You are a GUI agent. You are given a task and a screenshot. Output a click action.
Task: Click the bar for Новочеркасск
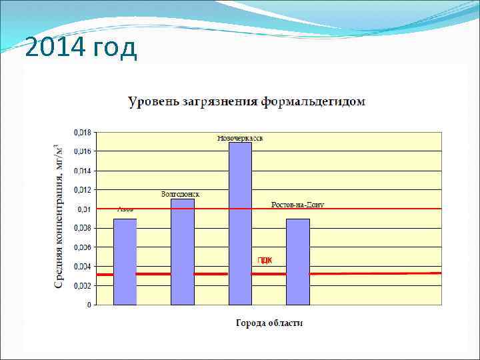(240, 223)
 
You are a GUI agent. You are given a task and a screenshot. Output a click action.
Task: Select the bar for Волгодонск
(183, 251)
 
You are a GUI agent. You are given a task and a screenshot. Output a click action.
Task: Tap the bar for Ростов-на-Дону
(298, 261)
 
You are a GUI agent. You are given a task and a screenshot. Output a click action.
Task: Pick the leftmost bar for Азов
(125, 261)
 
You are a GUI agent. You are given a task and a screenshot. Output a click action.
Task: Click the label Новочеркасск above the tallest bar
(240, 138)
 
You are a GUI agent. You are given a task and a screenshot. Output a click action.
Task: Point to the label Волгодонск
(180, 194)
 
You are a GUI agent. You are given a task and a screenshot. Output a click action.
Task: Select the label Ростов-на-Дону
(297, 205)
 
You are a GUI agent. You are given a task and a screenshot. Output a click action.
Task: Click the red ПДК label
(265, 261)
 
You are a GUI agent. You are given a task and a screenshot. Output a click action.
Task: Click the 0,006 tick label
(83, 248)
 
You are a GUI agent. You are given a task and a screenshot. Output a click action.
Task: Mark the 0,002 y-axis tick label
(83, 286)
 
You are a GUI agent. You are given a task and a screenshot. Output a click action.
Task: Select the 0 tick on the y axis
(89, 305)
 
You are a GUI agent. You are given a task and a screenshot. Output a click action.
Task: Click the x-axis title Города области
(269, 323)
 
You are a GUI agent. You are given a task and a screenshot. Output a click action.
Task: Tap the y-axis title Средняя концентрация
(59, 220)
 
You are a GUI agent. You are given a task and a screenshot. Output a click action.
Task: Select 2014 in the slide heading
(48, 48)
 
